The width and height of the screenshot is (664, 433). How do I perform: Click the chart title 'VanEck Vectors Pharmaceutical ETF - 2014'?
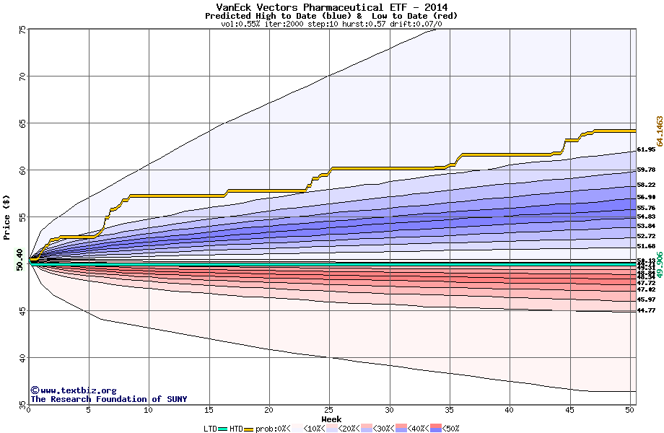click(331, 7)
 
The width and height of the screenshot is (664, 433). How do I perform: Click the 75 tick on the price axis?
click(22, 30)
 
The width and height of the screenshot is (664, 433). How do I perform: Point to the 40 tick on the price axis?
click(22, 358)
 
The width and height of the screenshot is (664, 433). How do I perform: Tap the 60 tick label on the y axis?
click(22, 170)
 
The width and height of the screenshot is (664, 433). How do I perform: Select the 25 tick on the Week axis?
click(329, 410)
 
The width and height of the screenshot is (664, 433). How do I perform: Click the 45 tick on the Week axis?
click(569, 410)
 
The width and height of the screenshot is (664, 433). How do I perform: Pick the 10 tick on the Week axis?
click(149, 410)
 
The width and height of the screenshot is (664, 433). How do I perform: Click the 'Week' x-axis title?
click(331, 419)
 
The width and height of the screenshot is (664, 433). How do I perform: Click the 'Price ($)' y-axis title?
click(6, 216)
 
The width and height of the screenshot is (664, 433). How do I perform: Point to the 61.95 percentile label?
click(646, 150)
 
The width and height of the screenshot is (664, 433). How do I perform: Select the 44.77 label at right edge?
click(646, 310)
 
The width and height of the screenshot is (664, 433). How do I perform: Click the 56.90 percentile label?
click(646, 197)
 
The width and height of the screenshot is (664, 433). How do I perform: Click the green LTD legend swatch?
click(223, 429)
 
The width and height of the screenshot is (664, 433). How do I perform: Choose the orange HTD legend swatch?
click(250, 429)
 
